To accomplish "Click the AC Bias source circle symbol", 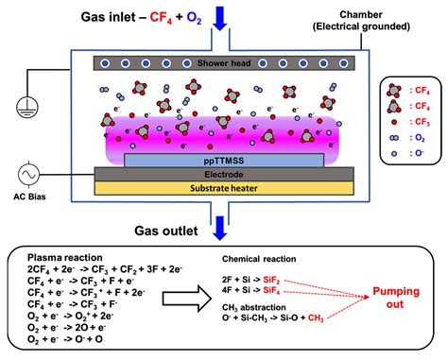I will (31, 175).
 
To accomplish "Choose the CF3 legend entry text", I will (423, 121).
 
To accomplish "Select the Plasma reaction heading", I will (66, 257).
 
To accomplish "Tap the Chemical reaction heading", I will (262, 259).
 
